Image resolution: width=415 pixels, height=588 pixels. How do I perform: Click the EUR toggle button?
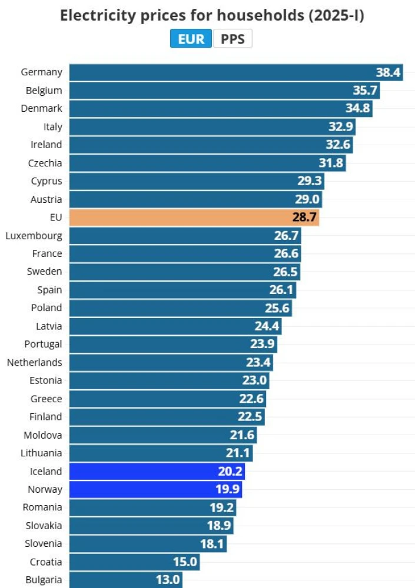point(191,39)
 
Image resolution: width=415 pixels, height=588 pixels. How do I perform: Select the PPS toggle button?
point(233,39)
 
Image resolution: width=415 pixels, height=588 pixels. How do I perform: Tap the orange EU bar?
point(194,218)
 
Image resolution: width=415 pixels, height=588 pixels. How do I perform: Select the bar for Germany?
point(235,72)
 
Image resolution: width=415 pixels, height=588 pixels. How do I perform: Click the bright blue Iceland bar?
point(157,471)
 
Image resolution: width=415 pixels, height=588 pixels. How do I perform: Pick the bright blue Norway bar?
point(155,489)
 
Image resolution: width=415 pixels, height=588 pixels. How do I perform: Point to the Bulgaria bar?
point(125,580)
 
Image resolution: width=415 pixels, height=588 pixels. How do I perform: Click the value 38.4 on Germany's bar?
point(388,72)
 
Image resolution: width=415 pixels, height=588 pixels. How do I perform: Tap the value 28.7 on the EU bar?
point(305,218)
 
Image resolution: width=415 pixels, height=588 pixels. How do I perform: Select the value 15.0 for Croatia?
point(185,562)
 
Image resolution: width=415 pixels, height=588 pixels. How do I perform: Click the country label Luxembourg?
point(34,236)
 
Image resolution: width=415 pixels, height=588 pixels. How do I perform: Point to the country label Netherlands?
point(34,362)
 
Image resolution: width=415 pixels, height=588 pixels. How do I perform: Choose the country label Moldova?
point(42,435)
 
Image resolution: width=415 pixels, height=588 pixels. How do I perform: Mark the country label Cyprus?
point(46,181)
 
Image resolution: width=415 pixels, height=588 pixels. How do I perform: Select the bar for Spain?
point(182,290)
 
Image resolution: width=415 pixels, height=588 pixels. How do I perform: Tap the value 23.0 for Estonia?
point(255,380)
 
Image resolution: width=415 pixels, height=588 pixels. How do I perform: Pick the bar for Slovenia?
point(148,543)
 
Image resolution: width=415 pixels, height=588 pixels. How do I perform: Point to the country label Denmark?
point(41,108)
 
